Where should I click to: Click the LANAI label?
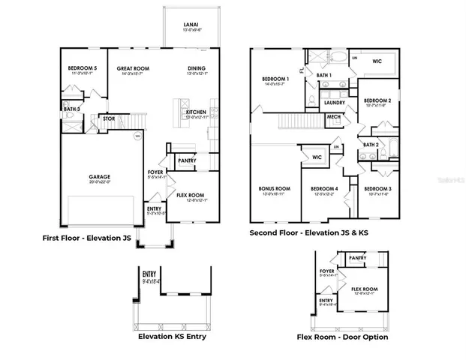click(191, 25)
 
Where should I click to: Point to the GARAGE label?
click(100, 178)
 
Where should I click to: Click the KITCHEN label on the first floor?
click(197, 112)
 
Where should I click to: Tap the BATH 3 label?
click(71, 109)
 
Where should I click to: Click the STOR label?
click(108, 118)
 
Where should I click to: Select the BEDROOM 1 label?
click(275, 79)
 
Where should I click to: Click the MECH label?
click(333, 117)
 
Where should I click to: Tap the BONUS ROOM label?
click(274, 188)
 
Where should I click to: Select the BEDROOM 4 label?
click(325, 188)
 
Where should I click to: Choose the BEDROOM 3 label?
click(377, 188)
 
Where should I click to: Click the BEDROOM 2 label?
click(377, 100)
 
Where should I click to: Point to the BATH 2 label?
click(370, 144)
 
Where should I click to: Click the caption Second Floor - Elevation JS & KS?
click(309, 233)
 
